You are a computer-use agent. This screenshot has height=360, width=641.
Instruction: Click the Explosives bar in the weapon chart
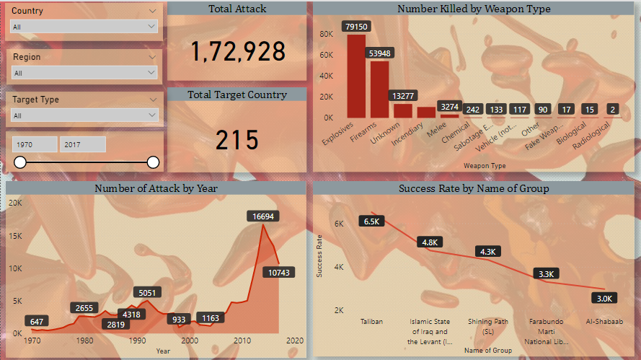pos(356,76)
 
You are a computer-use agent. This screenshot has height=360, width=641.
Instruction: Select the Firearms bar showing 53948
pos(379,89)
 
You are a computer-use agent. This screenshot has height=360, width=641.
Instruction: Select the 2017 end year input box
pos(82,145)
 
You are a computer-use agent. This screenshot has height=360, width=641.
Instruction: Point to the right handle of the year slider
pos(153,162)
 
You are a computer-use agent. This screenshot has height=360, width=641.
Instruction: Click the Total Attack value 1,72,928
pos(237,51)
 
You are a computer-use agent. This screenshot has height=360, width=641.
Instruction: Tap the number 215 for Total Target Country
pos(237,140)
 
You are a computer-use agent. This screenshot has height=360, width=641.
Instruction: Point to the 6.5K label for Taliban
pos(372,221)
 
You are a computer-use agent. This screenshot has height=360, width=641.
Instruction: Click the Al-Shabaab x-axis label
pos(604,322)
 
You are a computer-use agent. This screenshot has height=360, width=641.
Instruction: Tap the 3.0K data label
pos(604,298)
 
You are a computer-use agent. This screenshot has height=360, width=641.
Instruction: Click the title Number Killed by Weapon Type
pos(474,9)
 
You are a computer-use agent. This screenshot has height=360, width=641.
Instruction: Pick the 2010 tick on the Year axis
pos(242,341)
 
